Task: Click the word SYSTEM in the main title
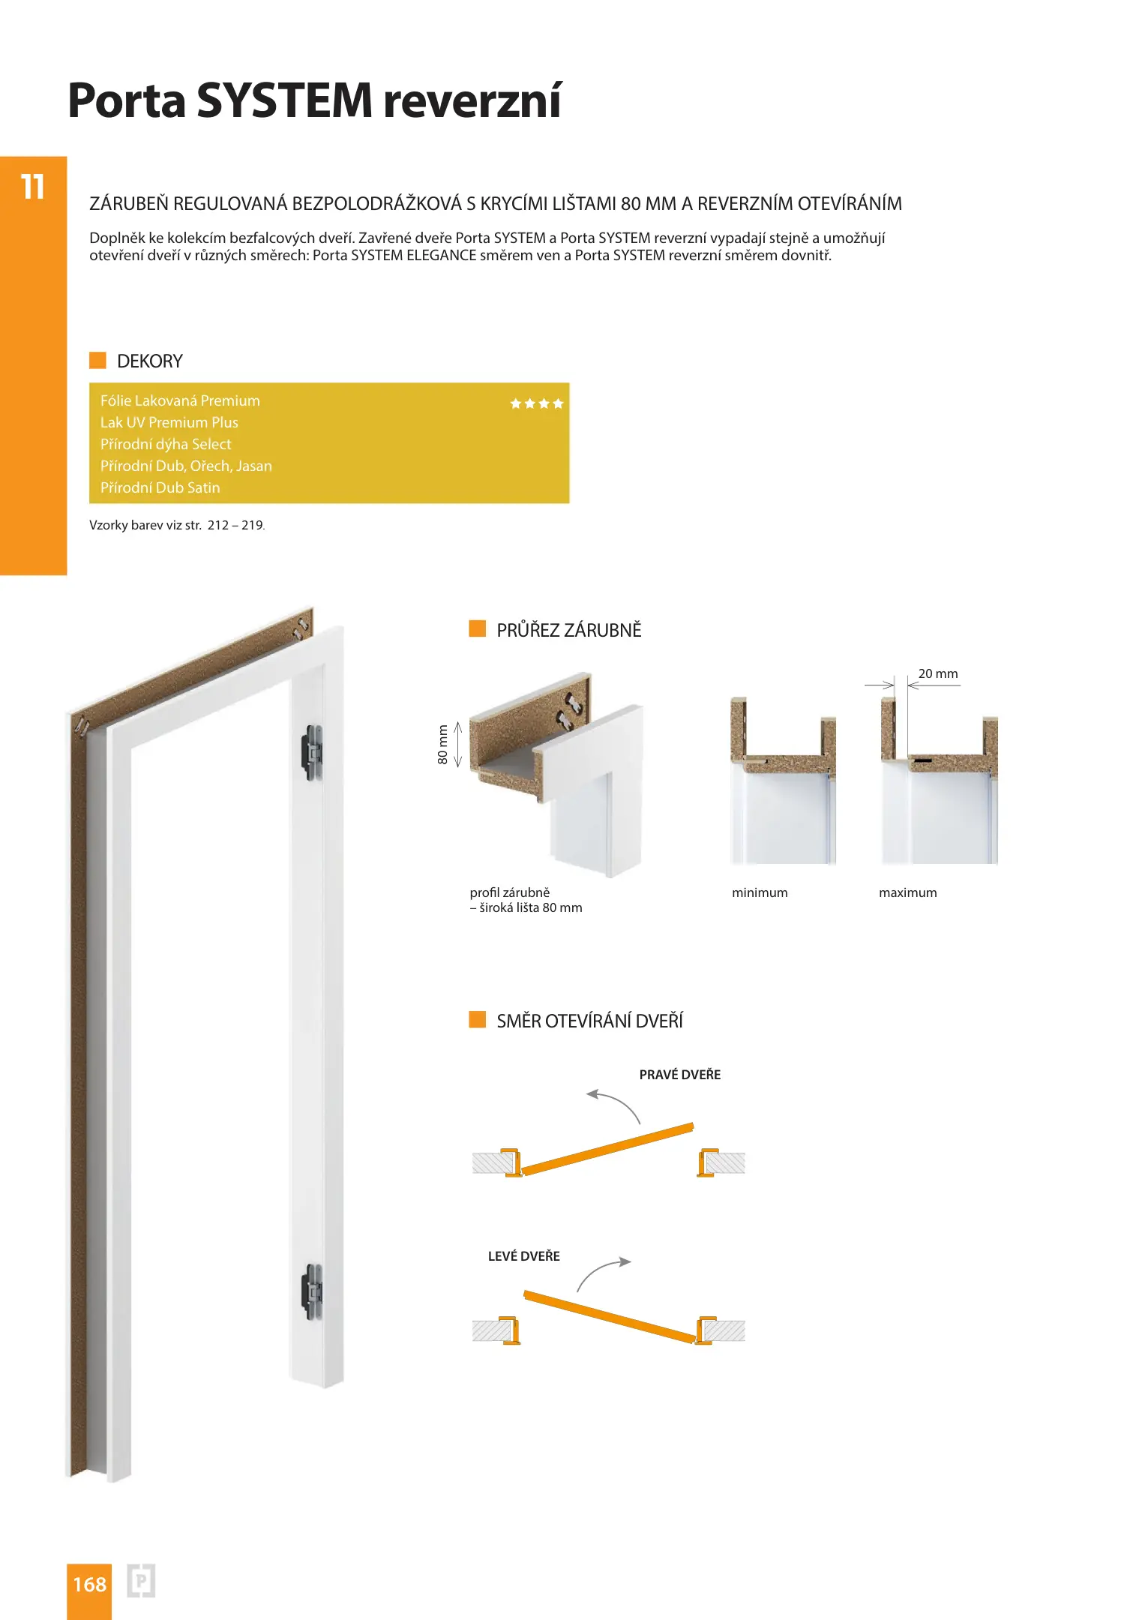284,100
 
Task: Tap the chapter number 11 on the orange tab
33,187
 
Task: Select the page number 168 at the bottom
89,1584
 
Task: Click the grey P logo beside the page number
141,1581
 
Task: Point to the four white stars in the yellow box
536,403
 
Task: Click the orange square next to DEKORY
97,360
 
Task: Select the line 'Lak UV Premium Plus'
169,422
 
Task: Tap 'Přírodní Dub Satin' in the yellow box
160,487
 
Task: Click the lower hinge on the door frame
312,1291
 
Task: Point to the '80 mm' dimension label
442,744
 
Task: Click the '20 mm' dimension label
937,673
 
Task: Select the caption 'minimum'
760,892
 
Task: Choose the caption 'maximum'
907,892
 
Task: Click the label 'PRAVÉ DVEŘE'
679,1075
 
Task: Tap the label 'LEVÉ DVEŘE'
523,1256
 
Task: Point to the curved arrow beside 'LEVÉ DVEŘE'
602,1273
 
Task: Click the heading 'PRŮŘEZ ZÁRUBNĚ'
568,630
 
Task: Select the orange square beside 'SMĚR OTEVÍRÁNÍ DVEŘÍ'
477,1019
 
